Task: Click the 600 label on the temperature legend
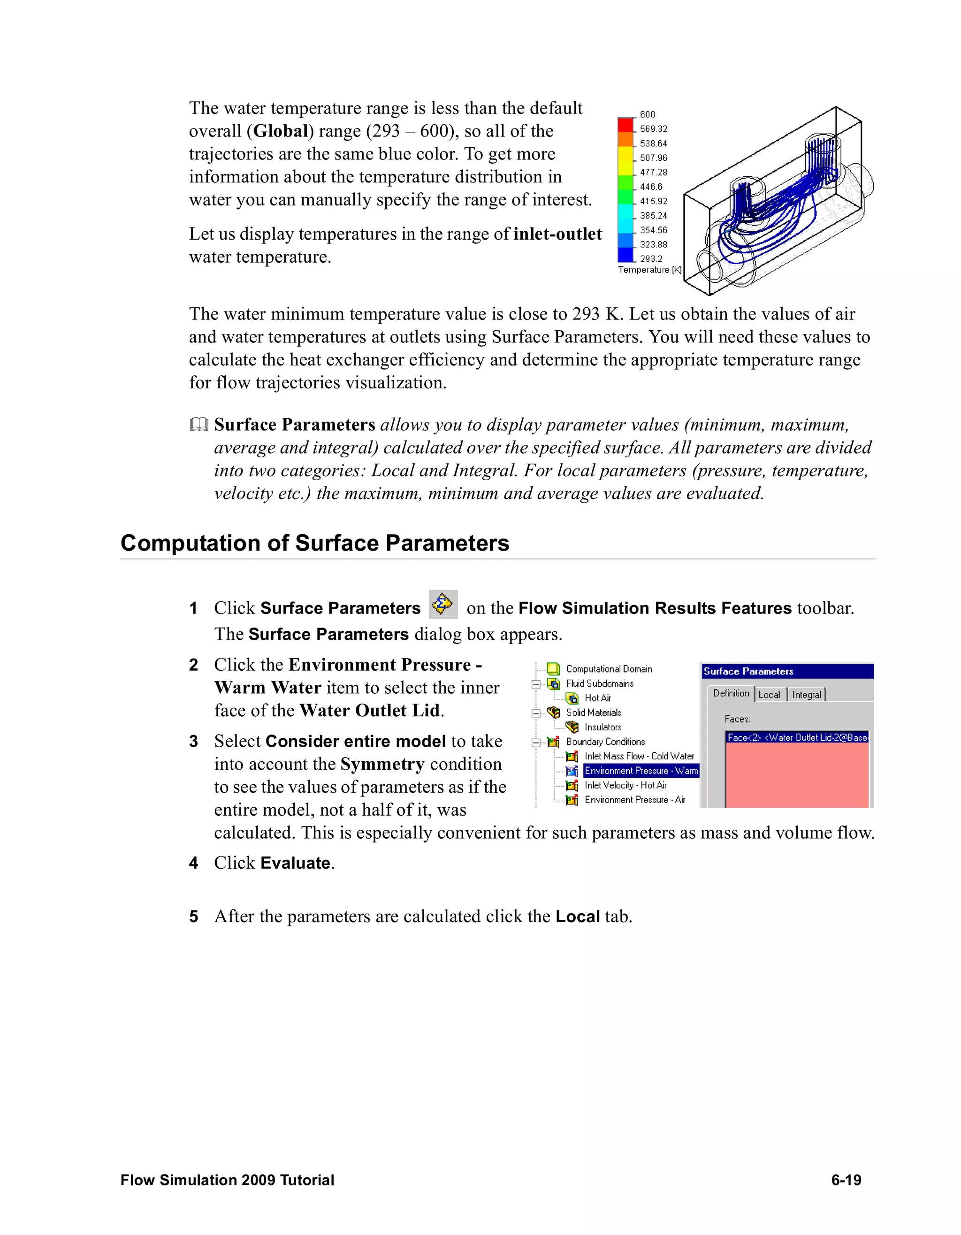click(x=647, y=114)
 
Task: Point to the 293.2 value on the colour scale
click(x=651, y=259)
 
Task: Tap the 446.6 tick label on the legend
click(x=651, y=187)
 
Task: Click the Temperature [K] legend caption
click(x=649, y=270)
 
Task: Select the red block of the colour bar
click(x=625, y=124)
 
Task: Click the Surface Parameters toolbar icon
click(x=443, y=605)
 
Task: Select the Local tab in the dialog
click(x=769, y=694)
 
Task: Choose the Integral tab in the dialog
click(x=806, y=694)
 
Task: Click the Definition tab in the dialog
click(x=731, y=693)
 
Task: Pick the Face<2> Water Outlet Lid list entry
click(x=796, y=737)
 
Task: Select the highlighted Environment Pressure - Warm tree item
click(x=641, y=771)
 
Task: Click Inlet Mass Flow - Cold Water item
click(x=639, y=756)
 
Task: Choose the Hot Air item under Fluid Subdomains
click(x=597, y=698)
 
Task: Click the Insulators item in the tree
click(x=603, y=727)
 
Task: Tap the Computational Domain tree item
click(x=609, y=669)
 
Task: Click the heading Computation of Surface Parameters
click(x=314, y=543)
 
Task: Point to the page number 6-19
click(x=846, y=1180)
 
